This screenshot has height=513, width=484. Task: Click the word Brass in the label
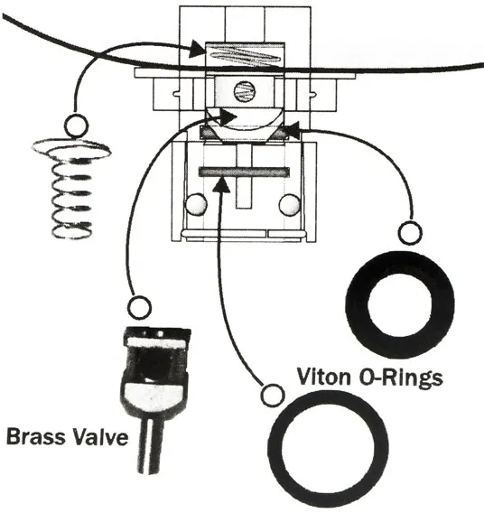35,436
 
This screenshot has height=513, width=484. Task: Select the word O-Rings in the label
401,378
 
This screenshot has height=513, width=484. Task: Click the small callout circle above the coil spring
76,126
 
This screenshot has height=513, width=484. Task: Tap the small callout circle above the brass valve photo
140,308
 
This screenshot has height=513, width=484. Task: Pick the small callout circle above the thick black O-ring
410,233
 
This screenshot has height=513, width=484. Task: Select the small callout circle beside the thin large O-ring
273,395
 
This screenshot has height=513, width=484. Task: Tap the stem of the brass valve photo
150,446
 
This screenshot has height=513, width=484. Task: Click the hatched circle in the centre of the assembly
245,91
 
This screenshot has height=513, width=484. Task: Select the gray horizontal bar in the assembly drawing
245,173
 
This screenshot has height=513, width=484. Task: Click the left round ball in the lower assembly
196,204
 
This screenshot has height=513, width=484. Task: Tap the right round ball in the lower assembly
290,204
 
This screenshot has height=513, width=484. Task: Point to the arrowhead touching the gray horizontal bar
222,184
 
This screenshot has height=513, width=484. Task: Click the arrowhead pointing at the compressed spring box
199,50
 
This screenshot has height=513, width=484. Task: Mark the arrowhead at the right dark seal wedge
291,129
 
